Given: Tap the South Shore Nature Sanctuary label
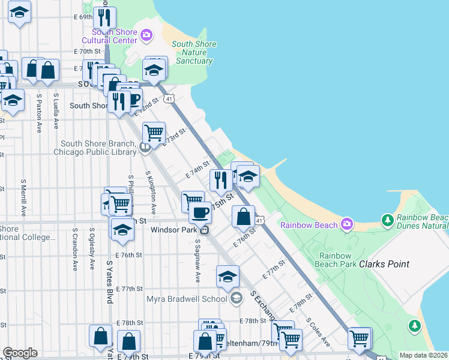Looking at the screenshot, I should click(x=193, y=52).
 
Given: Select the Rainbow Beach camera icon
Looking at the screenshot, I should click(x=346, y=225).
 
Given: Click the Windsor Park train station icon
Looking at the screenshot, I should click(x=205, y=230).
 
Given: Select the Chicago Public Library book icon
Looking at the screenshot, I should click(x=145, y=148).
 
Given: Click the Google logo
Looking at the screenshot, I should click(x=20, y=353).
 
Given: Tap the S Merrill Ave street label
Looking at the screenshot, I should click(x=23, y=197).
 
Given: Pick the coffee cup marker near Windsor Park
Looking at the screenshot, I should click(x=200, y=211).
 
